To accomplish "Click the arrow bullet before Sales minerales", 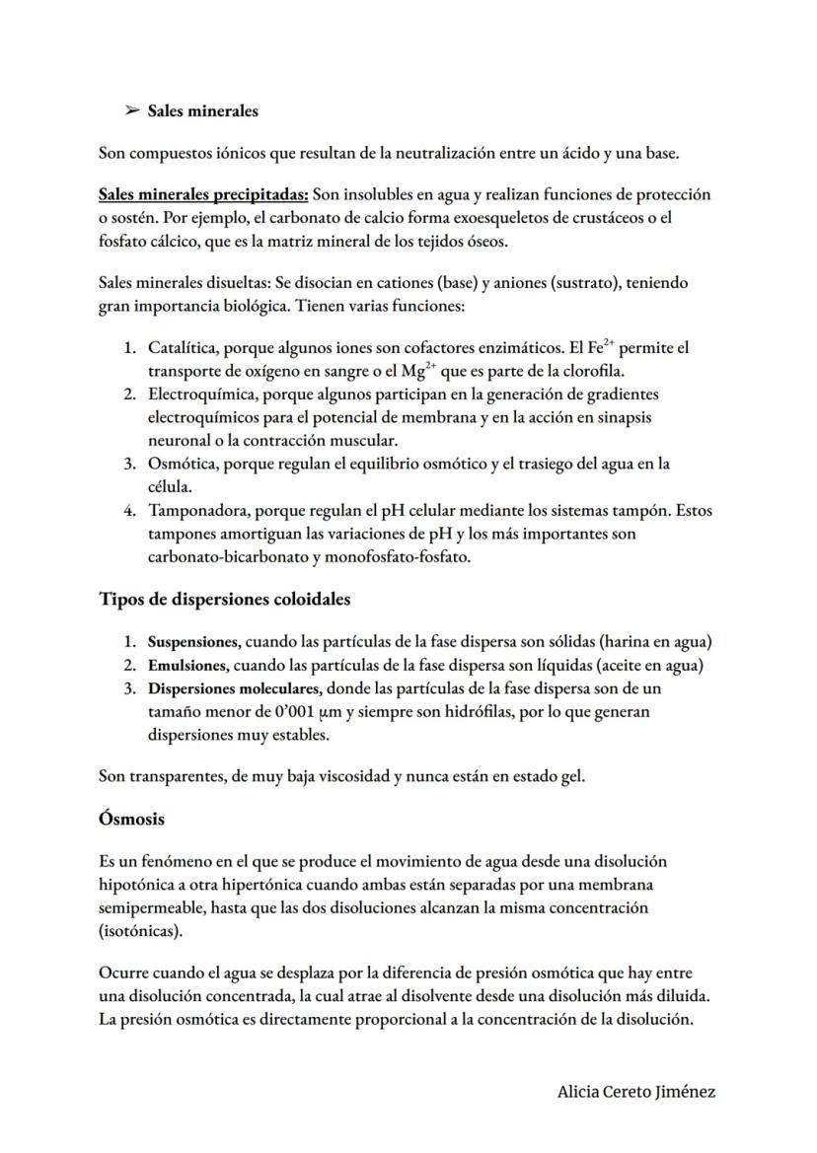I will [131, 111].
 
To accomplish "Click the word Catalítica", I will [184, 348].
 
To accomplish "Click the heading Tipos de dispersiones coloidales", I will [225, 599].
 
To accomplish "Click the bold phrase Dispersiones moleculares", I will [235, 688].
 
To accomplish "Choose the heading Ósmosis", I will [132, 819].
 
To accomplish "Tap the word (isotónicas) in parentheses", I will [142, 931].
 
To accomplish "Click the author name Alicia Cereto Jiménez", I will [635, 1092].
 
